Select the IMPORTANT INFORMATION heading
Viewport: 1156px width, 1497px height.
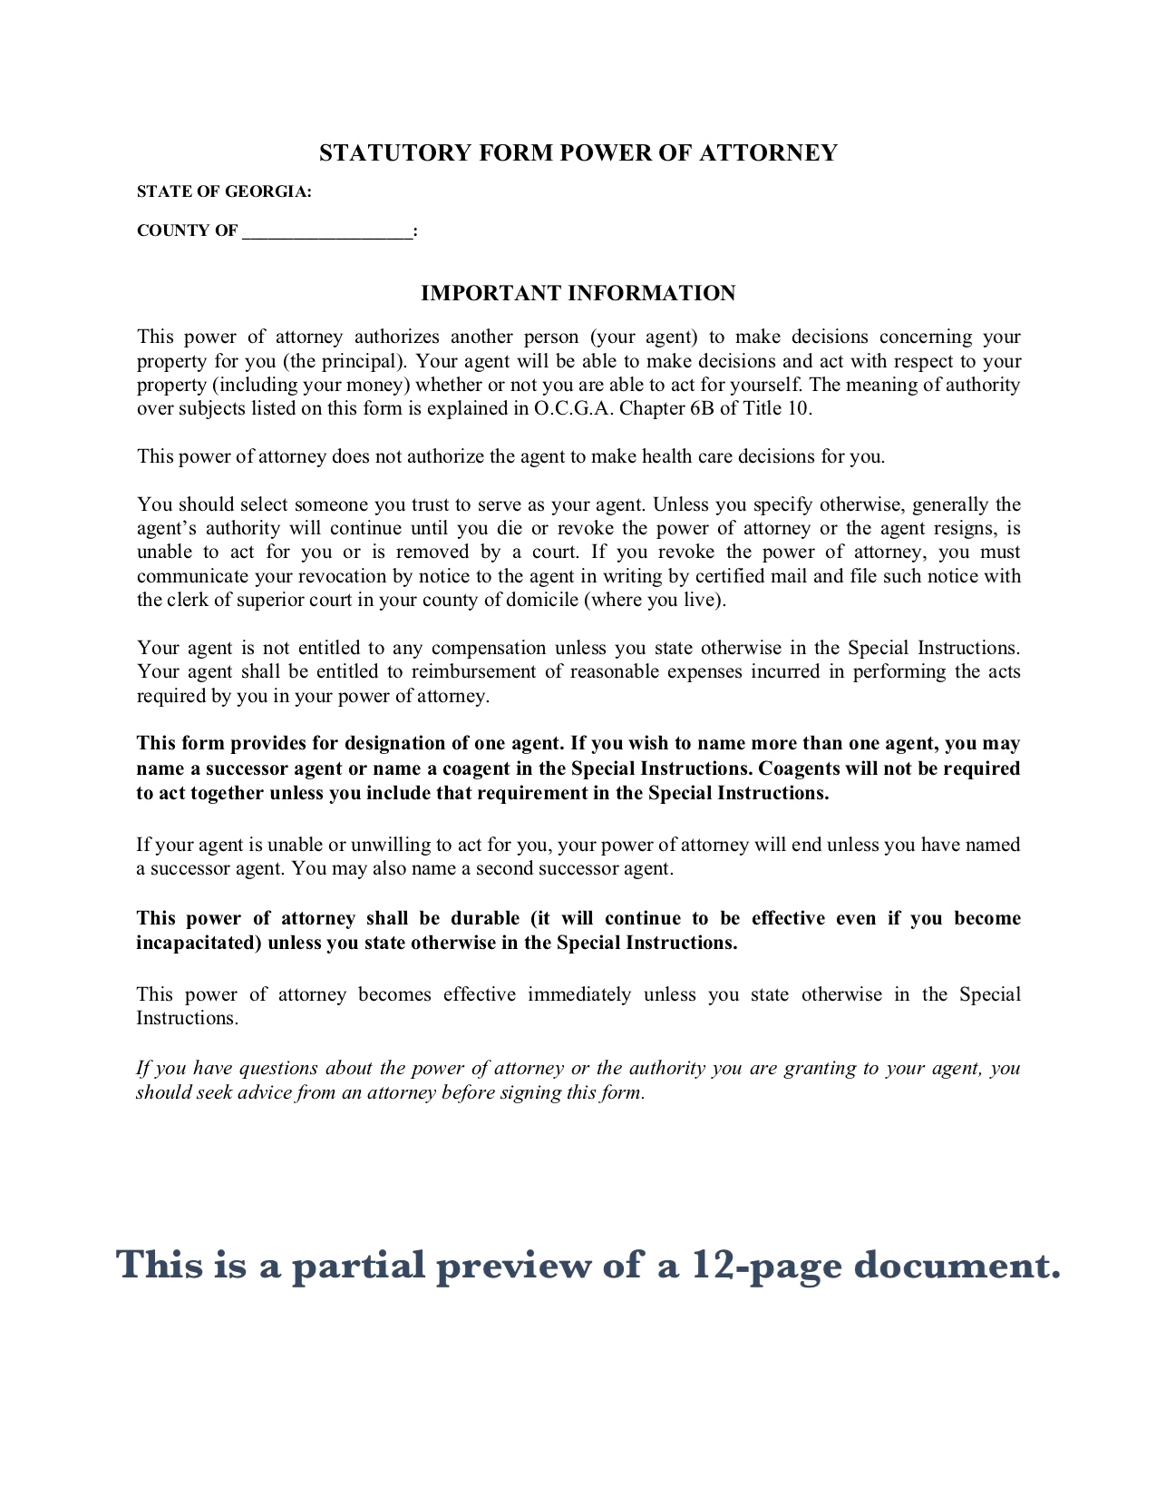click(x=578, y=293)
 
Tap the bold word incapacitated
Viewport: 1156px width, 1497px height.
click(x=199, y=943)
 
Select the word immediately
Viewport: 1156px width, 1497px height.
click(x=579, y=994)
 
